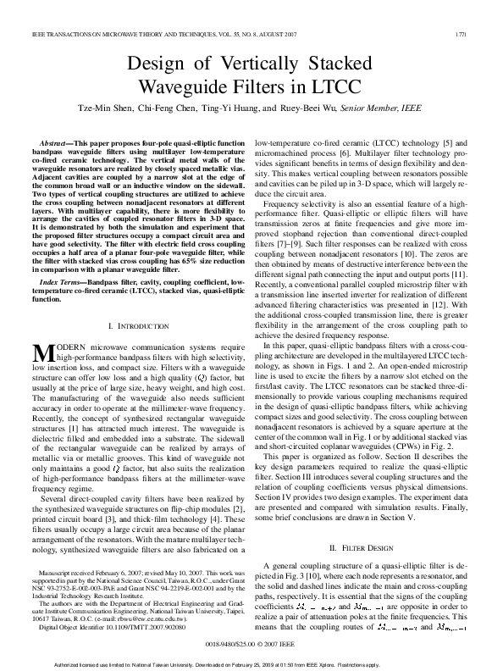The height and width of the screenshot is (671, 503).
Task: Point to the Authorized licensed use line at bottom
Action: (251, 664)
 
